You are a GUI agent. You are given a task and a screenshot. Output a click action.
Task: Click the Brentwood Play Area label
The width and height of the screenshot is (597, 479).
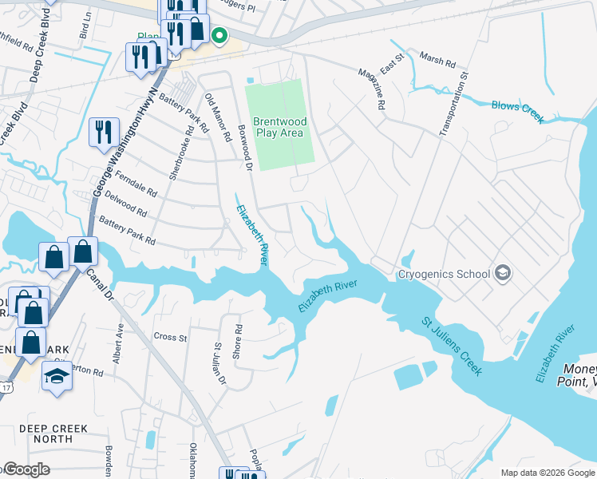click(x=279, y=127)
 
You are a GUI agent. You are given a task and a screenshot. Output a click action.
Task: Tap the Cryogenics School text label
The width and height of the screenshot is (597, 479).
click(x=445, y=275)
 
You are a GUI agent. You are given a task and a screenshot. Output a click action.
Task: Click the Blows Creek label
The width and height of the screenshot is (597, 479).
click(x=517, y=111)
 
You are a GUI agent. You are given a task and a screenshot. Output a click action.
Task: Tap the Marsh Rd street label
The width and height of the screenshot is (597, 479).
click(x=437, y=61)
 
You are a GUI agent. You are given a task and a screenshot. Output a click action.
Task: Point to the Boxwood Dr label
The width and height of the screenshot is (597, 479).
click(x=246, y=146)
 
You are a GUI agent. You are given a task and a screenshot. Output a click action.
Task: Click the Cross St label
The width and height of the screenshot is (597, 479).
click(x=170, y=337)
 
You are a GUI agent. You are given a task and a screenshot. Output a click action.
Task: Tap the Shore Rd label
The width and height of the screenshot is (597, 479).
click(x=238, y=341)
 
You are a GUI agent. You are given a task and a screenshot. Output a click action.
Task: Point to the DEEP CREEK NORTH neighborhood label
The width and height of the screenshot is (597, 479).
click(x=54, y=434)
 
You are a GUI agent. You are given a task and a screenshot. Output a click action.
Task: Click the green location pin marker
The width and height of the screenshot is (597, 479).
click(x=218, y=34)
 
